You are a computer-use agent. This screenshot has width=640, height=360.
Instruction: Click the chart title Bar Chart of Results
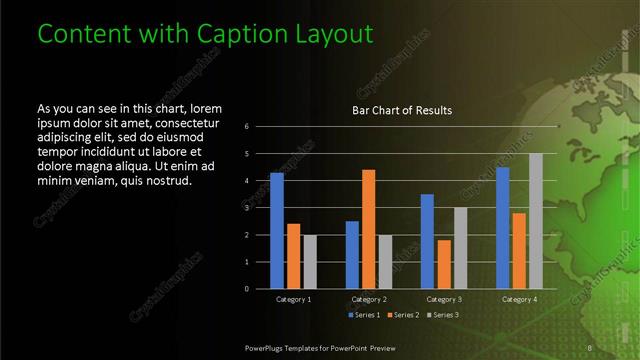(401, 110)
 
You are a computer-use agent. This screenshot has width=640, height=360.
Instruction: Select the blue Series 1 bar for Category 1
(277, 230)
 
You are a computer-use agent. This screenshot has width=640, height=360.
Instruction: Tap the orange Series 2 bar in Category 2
(368, 228)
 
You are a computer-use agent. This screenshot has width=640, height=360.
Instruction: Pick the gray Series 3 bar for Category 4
(535, 220)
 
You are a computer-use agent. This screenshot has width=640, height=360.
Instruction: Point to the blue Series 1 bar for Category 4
(503, 227)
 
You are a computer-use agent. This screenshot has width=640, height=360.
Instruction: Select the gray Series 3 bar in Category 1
(309, 261)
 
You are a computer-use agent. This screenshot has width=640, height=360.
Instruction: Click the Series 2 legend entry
(403, 315)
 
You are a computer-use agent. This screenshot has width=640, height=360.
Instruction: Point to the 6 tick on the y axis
(247, 127)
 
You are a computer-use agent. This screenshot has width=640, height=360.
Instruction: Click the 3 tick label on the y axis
(247, 208)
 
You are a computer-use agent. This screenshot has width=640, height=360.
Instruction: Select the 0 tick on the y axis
(247, 289)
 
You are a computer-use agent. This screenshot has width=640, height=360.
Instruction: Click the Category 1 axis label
(293, 299)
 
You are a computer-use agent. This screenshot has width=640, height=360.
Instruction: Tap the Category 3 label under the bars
(444, 299)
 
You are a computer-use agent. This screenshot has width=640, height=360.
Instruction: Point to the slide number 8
(590, 347)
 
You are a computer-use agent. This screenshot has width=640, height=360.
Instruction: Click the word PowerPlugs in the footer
(268, 347)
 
